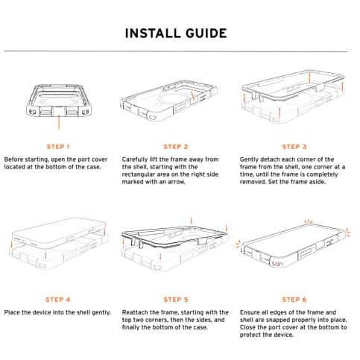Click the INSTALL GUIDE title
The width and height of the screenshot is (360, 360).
click(x=176, y=34)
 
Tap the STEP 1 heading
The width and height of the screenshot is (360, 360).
click(x=58, y=147)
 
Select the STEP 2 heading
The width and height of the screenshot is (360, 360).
click(x=176, y=147)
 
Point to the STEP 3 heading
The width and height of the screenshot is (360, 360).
click(x=294, y=147)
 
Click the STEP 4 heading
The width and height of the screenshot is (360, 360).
click(x=58, y=300)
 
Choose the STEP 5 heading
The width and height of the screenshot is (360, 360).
click(x=176, y=300)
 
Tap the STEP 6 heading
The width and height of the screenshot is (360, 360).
click(x=294, y=300)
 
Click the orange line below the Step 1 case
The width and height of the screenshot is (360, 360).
click(x=59, y=122)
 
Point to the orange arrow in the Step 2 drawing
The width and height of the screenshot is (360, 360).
click(x=193, y=96)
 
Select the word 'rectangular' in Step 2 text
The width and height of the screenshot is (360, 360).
click(x=139, y=174)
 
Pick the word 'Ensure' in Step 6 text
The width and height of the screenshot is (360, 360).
click(x=250, y=312)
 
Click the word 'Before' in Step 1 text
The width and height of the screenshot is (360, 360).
click(x=13, y=160)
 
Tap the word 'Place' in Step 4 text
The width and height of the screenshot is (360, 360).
click(x=12, y=312)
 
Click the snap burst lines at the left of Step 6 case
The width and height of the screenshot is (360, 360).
click(x=239, y=244)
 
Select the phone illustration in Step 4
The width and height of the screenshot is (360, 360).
click(x=58, y=233)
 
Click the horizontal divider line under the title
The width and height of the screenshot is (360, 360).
click(x=176, y=51)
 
